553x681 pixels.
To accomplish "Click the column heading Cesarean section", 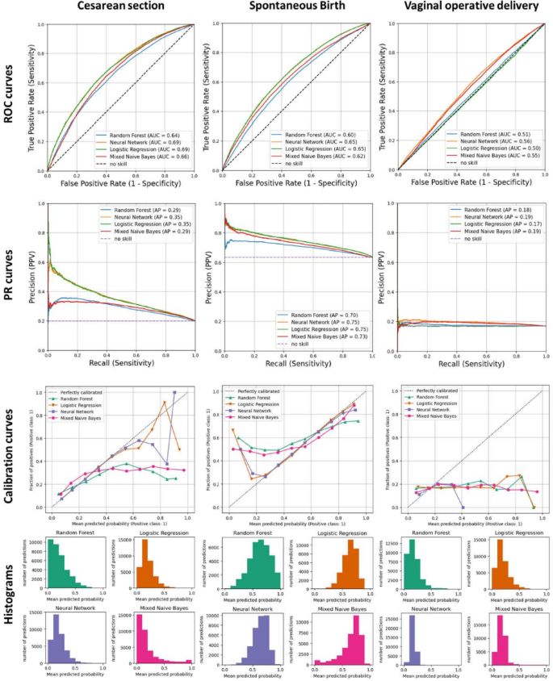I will [x=121, y=8].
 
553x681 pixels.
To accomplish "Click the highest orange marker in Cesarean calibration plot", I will [x=164, y=403].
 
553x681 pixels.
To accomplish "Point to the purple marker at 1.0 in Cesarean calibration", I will [x=174, y=393].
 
